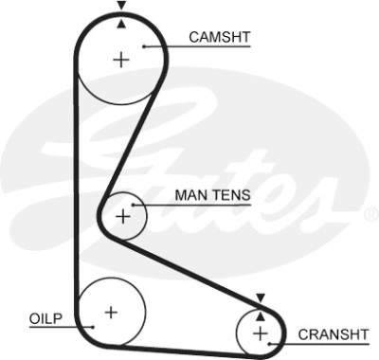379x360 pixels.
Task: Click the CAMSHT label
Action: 220,37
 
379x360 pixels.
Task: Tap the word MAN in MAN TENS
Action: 189,195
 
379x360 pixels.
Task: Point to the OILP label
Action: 45,318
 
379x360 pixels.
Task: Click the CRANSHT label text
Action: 334,334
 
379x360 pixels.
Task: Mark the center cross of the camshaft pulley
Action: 121,60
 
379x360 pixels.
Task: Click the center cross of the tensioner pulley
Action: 123,217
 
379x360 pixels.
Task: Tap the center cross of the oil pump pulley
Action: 111,313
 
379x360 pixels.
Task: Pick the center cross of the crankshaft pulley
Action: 261,333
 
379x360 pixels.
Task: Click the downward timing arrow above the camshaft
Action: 121,6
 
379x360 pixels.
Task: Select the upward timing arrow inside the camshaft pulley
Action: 121,24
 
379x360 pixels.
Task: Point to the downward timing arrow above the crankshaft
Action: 261,297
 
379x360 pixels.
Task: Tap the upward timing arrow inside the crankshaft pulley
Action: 261,316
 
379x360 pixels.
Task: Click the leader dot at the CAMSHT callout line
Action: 143,46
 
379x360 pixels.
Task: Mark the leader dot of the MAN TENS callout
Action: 134,205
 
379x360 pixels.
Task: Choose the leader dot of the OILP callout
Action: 93,327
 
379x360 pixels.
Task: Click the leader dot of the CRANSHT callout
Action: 270,344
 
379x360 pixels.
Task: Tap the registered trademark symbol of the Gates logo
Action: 371,214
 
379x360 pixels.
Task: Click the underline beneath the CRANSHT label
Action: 319,344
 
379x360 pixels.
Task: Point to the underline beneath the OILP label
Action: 61,327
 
